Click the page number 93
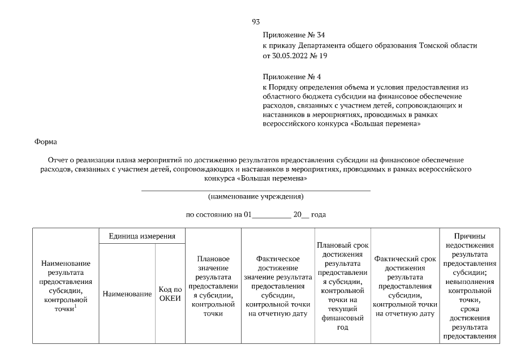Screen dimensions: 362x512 (x=256, y=22)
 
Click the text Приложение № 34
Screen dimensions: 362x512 (x=294, y=35)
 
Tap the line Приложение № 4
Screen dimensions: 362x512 (x=292, y=76)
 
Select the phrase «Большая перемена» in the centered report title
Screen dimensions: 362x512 (x=273, y=178)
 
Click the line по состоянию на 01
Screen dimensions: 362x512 (x=218, y=215)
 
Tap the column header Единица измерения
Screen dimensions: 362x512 (x=142, y=236)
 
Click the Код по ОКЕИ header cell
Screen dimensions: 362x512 (x=170, y=294)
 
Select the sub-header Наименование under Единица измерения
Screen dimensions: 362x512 (x=127, y=294)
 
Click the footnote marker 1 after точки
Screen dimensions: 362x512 (x=75, y=306)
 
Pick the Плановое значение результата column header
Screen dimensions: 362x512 (x=213, y=286)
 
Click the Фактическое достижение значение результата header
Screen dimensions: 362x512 (x=277, y=286)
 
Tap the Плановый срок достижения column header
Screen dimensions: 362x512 (x=342, y=286)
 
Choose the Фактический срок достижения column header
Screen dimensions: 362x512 (x=405, y=286)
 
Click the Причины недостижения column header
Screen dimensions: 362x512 (x=469, y=286)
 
